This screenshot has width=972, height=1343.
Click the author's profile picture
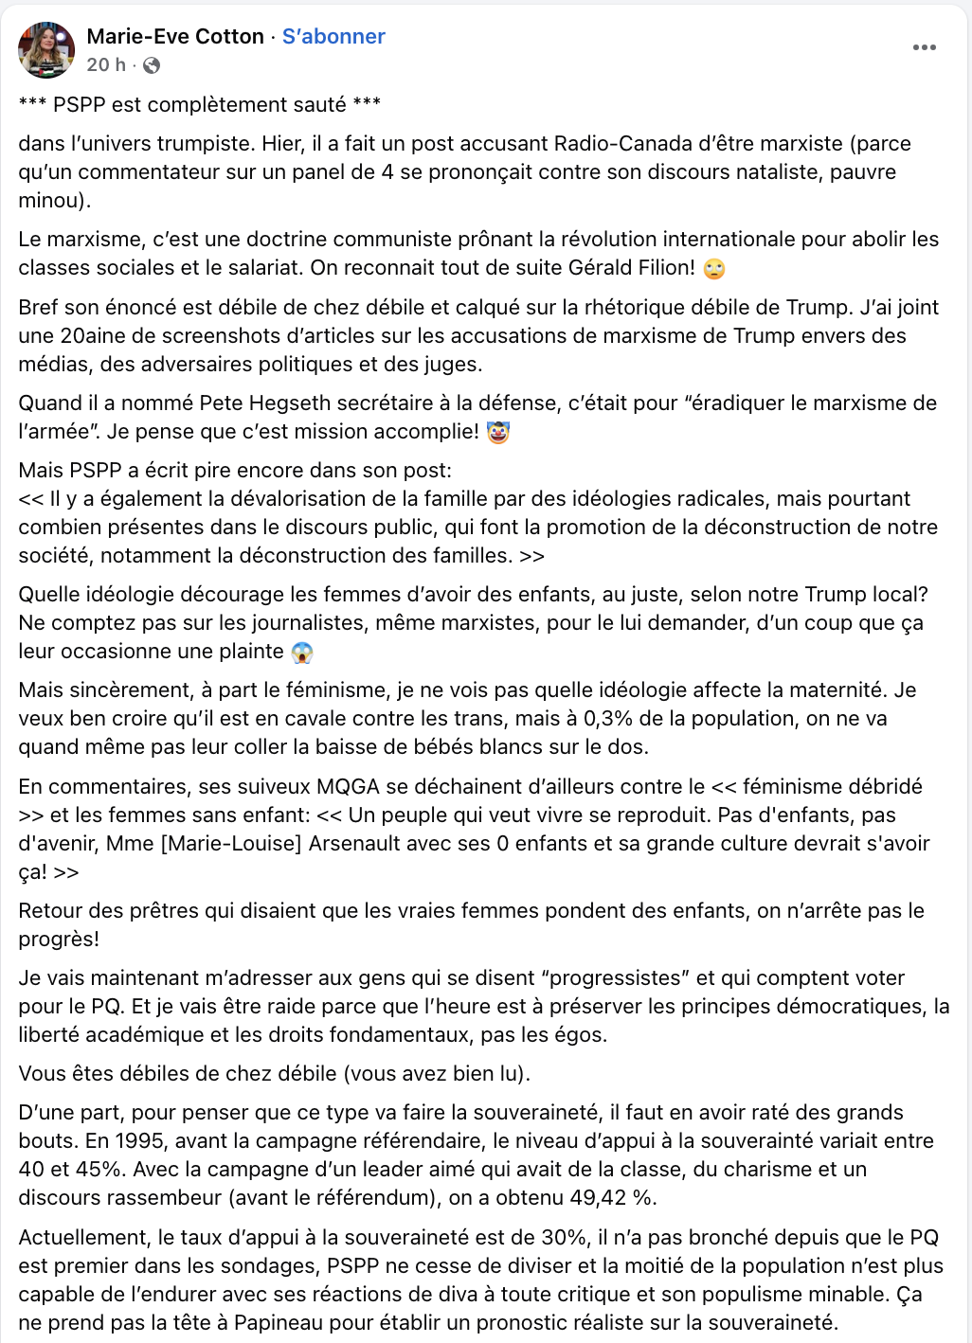point(46,50)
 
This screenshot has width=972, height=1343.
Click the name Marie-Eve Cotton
point(175,37)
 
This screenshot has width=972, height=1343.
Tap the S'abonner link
point(333,37)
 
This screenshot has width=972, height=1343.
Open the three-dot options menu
point(924,47)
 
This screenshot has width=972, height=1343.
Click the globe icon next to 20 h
point(152,65)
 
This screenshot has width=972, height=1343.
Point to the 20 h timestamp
point(105,65)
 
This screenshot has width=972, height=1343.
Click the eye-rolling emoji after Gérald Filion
point(714,269)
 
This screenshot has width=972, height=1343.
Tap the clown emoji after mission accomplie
point(497,433)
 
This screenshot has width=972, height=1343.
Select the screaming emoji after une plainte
point(302,653)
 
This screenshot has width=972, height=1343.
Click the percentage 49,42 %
point(612,1198)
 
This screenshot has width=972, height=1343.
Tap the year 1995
point(110,1141)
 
